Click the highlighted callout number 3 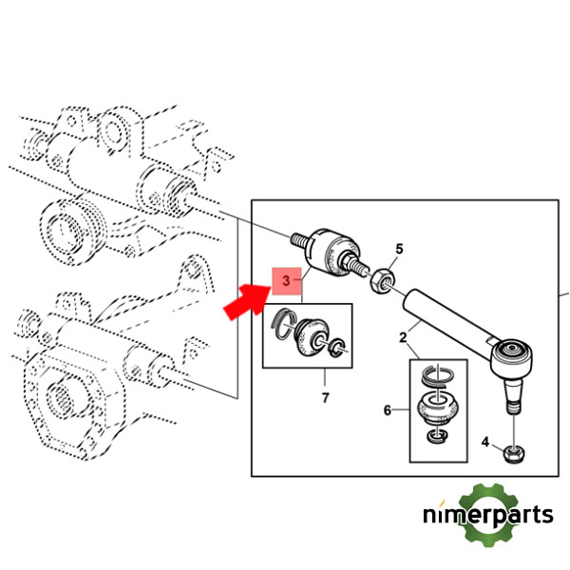click(287, 280)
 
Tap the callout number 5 click(399, 249)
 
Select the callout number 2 click(403, 337)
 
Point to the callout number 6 click(388, 410)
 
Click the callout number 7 click(325, 398)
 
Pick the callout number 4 click(485, 442)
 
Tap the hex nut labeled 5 click(383, 280)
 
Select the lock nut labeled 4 click(514, 454)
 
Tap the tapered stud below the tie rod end click(513, 395)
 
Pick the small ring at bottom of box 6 click(437, 436)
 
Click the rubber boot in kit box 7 click(312, 336)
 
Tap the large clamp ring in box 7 click(284, 324)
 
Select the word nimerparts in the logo click(488, 514)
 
